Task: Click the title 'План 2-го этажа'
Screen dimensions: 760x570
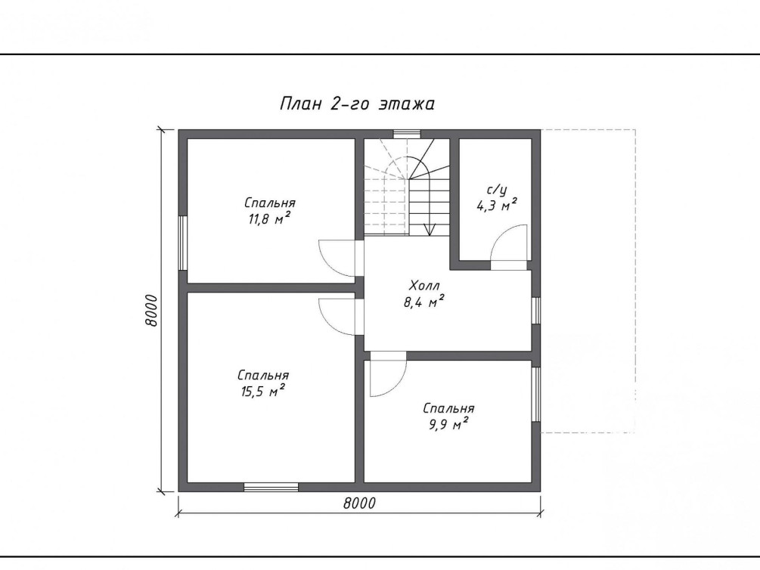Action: click(357, 104)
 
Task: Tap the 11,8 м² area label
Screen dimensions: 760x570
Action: click(269, 218)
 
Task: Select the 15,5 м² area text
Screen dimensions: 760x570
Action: click(262, 391)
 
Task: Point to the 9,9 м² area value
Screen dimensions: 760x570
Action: click(448, 424)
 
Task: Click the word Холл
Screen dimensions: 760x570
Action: click(424, 285)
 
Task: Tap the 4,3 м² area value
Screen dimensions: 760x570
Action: click(497, 205)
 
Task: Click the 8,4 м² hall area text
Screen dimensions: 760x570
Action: click(424, 302)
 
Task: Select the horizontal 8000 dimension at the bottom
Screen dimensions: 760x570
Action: click(360, 503)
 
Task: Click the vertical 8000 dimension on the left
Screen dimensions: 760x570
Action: click(151, 310)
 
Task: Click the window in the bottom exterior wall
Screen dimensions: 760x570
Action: click(271, 487)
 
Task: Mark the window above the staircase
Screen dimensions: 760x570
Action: click(407, 135)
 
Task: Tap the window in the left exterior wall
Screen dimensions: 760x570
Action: click(183, 243)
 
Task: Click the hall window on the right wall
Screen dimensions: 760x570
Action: click(535, 310)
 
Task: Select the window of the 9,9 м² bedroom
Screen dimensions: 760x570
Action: click(535, 394)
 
